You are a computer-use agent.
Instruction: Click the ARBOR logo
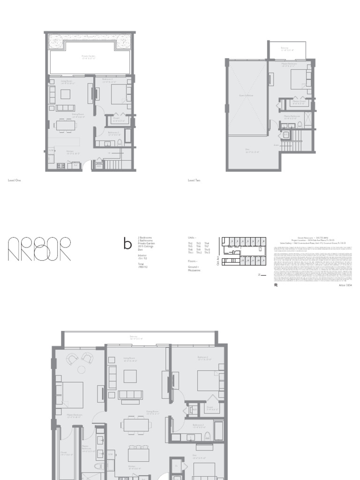pyautogui.click(x=39, y=248)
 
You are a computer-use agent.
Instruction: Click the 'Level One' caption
pyautogui.click(x=15, y=180)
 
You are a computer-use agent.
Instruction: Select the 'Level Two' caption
pyautogui.click(x=194, y=180)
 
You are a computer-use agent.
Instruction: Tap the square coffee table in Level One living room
pyautogui.click(x=65, y=94)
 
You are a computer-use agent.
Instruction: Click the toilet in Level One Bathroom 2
pyautogui.click(x=120, y=142)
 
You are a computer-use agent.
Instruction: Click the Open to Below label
pyautogui.click(x=247, y=95)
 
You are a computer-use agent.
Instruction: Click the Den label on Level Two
pyautogui.click(x=247, y=151)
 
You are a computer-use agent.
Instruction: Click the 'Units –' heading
pyautogui.click(x=192, y=238)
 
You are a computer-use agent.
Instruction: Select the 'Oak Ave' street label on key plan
pyautogui.click(x=218, y=262)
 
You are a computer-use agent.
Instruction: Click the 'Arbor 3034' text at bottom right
pyautogui.click(x=345, y=285)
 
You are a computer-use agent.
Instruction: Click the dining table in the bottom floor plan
pyautogui.click(x=136, y=424)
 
